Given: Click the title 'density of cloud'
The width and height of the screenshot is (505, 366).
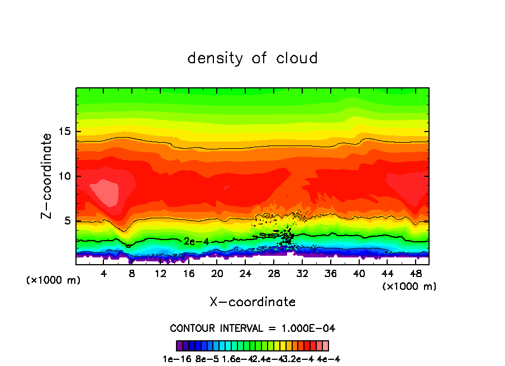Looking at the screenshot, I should click(x=252, y=58).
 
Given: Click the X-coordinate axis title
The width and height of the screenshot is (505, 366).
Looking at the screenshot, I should click(x=252, y=302).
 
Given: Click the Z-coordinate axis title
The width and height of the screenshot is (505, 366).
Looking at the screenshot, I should click(x=47, y=176).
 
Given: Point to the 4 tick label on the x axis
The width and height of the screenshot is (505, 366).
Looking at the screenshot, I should click(x=104, y=274).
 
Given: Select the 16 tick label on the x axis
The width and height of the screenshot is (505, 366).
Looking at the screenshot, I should click(x=189, y=274).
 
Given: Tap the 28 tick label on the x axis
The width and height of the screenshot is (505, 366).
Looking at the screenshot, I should click(x=273, y=274).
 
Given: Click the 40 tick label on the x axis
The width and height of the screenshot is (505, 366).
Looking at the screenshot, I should click(x=358, y=274).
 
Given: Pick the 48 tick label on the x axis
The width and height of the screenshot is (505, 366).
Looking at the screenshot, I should click(x=415, y=274).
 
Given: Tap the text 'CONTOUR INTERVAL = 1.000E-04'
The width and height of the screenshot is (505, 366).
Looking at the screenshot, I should click(x=252, y=328).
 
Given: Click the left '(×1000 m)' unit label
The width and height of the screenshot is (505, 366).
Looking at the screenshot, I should click(x=54, y=280).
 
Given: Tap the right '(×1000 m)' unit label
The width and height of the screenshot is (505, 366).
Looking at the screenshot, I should click(x=409, y=286).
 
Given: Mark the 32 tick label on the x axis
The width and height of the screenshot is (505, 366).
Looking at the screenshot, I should click(x=302, y=274).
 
